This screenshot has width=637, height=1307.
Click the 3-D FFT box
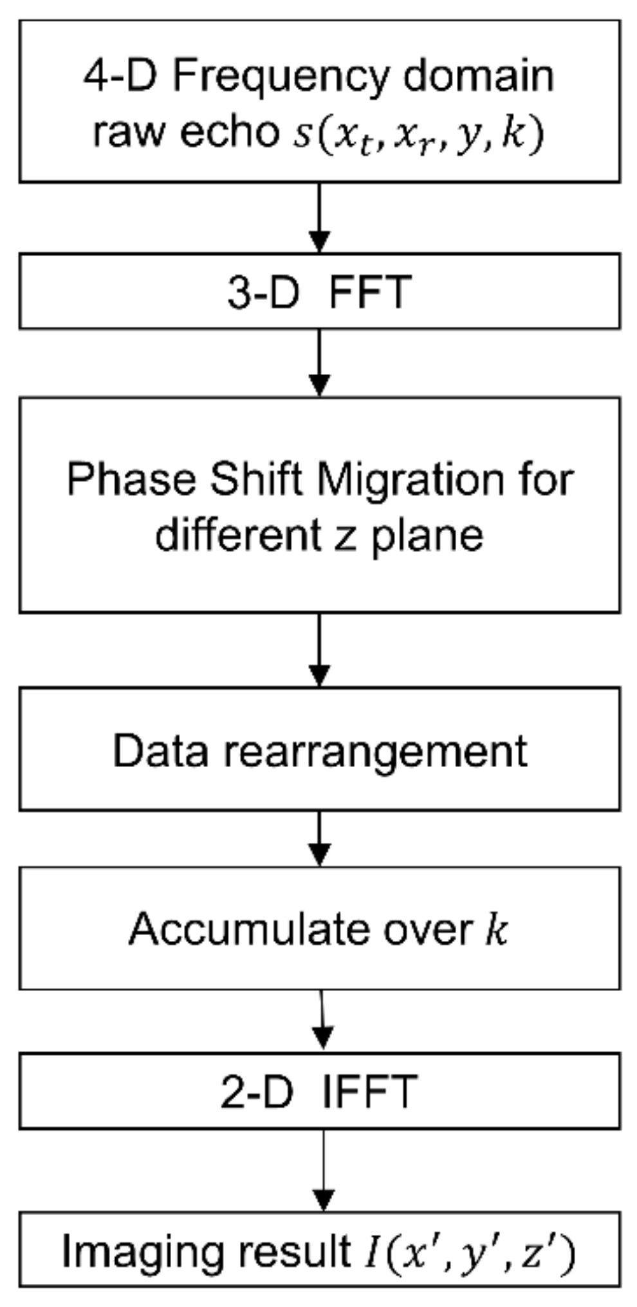click(319, 292)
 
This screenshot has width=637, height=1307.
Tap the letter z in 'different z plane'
click(345, 535)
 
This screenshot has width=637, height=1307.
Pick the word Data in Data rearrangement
click(160, 750)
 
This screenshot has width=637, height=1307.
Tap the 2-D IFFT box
click(319, 1091)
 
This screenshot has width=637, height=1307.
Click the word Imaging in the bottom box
click(145, 1252)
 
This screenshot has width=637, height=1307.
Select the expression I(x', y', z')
click(470, 1252)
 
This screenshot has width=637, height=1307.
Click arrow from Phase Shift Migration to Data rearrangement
click(319, 650)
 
